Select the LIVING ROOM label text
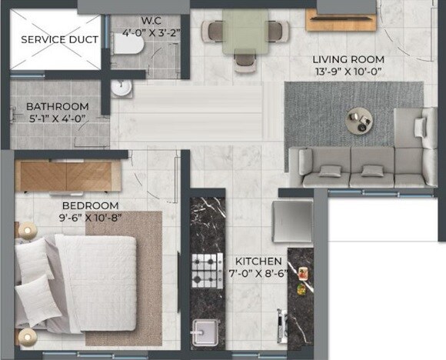(348, 58)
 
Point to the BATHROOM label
(57, 107)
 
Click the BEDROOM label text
(91, 205)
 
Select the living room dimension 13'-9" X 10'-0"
(348, 72)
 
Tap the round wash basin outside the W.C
(121, 88)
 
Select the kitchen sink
(205, 334)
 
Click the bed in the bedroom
(77, 282)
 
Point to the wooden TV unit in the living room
(334, 18)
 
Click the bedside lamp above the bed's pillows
(28, 228)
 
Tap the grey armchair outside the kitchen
(293, 221)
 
